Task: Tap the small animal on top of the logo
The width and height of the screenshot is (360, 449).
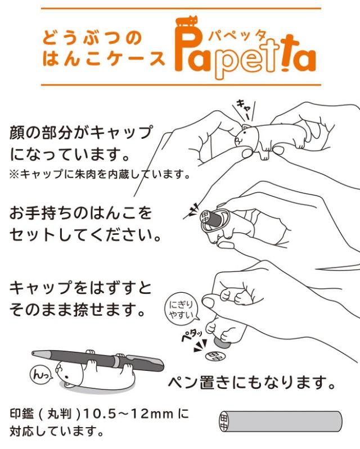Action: pos(187,24)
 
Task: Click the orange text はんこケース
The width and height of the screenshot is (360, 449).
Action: pos(104,58)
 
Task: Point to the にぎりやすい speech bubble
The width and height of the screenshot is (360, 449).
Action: pos(181,310)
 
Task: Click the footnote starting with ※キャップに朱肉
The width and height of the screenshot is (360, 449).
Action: pos(98,174)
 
